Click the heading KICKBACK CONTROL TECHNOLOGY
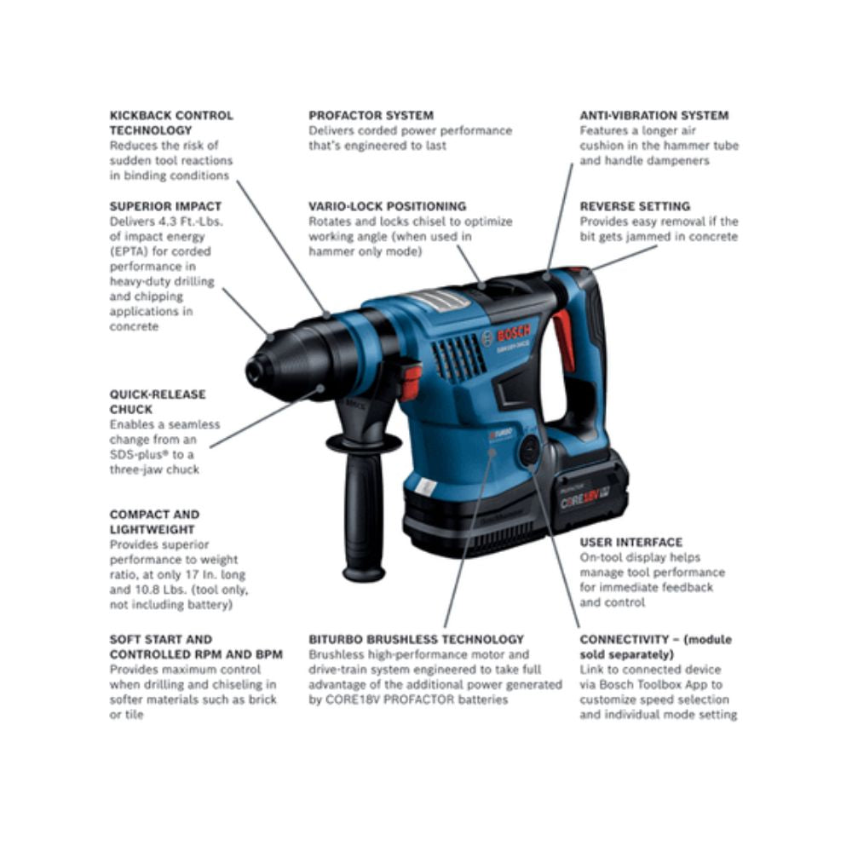[x=170, y=123]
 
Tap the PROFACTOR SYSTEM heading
[x=371, y=115]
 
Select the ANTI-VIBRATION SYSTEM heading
[x=654, y=115]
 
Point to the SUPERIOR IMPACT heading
[x=165, y=206]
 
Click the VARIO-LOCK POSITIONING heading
[x=387, y=206]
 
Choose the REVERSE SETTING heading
[x=635, y=206]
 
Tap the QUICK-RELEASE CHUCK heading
[x=158, y=402]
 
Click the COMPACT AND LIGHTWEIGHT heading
[x=154, y=522]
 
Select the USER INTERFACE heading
[x=630, y=542]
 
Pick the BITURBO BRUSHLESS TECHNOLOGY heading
[x=417, y=639]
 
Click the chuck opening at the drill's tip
[x=252, y=371]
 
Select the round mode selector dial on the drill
[x=530, y=450]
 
